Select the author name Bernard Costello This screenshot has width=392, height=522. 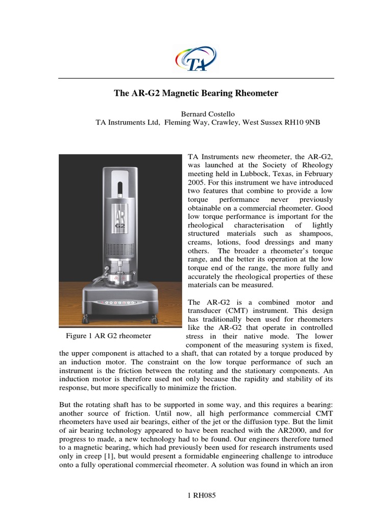tap(195, 114)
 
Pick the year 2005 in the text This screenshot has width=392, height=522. tap(197, 182)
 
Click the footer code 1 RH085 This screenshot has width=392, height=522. tap(196, 497)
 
